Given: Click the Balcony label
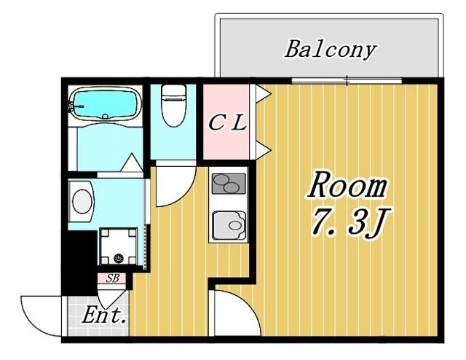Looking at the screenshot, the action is [x=331, y=50].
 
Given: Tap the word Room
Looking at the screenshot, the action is [x=347, y=185].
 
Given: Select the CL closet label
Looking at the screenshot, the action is [x=227, y=122].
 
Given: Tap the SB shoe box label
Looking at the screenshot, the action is [x=113, y=278].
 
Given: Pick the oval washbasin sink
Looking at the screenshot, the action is [x=82, y=201].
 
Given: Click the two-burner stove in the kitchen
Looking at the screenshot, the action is [x=229, y=184].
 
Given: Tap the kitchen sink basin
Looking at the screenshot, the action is [x=229, y=225].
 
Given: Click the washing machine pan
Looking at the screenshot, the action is [x=118, y=246].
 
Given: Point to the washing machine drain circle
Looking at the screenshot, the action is [x=119, y=258].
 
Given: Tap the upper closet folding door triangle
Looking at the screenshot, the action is [x=264, y=94].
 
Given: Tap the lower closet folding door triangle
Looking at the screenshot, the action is [x=264, y=150].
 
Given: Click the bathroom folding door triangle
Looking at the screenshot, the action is [x=131, y=163].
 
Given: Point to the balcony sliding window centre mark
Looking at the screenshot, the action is [x=347, y=80].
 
